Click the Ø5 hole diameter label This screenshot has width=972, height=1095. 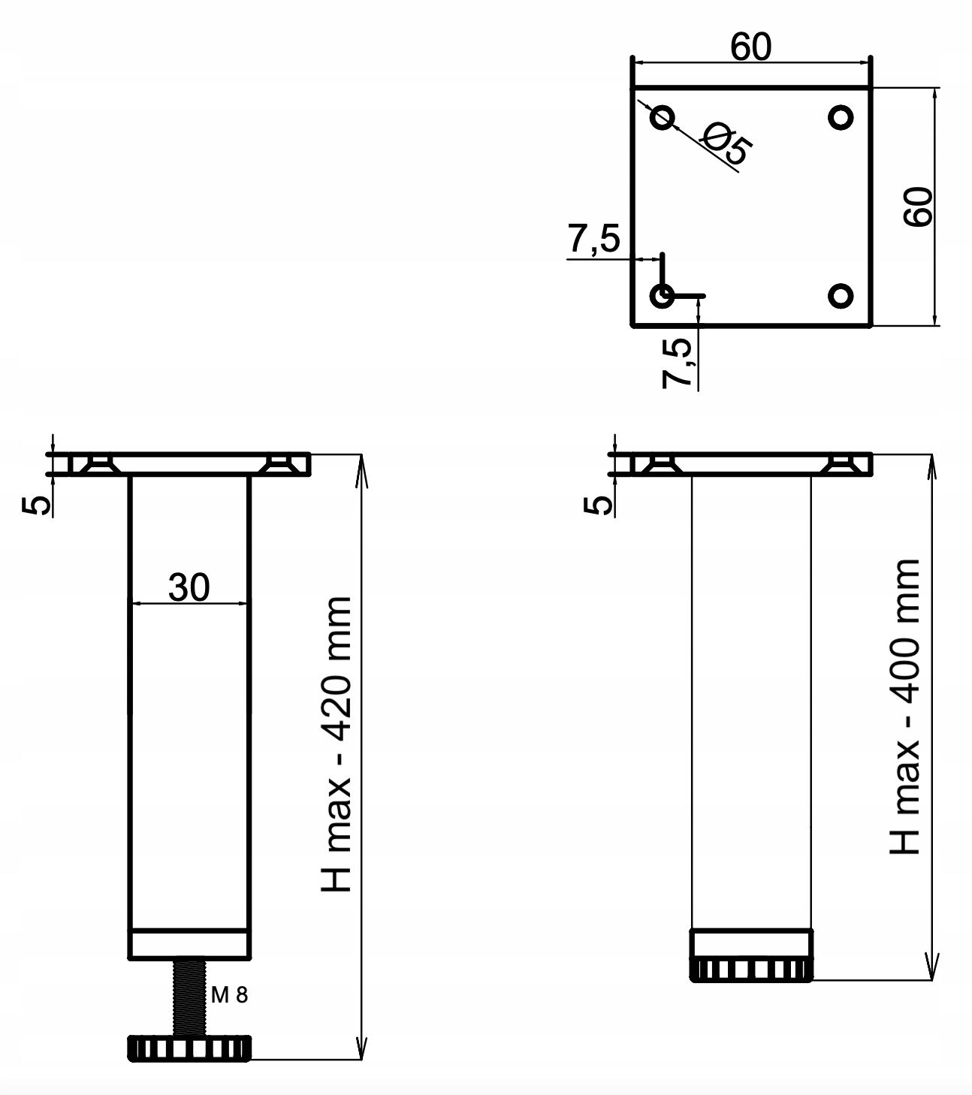pyautogui.click(x=725, y=143)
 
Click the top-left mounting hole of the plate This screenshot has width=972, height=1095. pyautogui.click(x=663, y=116)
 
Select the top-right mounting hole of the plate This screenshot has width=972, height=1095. pyautogui.click(x=841, y=116)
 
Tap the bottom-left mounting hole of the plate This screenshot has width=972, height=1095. pyautogui.click(x=663, y=296)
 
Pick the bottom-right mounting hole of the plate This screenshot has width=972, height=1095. pyautogui.click(x=841, y=296)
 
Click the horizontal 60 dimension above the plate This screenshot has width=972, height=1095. pyautogui.click(x=750, y=47)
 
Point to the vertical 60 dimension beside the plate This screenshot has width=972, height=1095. pyautogui.click(x=918, y=207)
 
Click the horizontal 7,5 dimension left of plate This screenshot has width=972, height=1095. pyautogui.click(x=593, y=240)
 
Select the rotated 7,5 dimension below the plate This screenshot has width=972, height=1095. pyautogui.click(x=678, y=362)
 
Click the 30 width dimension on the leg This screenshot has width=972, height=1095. pyautogui.click(x=189, y=587)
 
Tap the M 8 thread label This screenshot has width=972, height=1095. pyautogui.click(x=229, y=996)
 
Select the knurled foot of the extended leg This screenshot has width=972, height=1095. pyautogui.click(x=188, y=1048)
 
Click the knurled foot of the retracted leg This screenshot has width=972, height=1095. pyautogui.click(x=751, y=970)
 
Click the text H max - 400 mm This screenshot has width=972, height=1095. pyautogui.click(x=905, y=706)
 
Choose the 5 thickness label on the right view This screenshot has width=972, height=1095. pyautogui.click(x=599, y=505)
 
